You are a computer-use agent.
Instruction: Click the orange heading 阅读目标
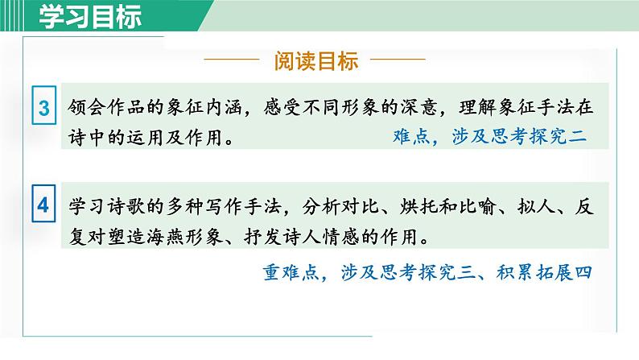(316, 61)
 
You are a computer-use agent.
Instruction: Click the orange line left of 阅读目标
(233, 61)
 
